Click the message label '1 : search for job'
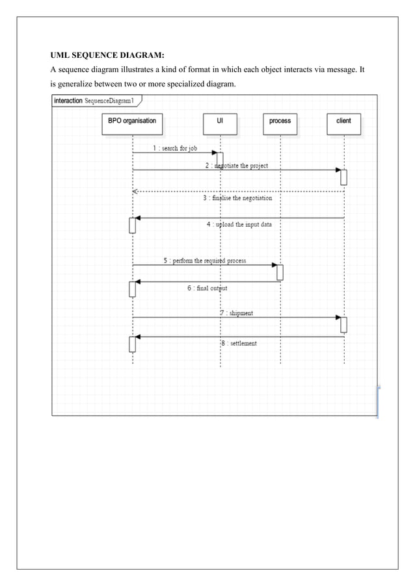coord(175,148)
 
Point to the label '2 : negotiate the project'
coord(236,166)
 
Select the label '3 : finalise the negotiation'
coord(237,198)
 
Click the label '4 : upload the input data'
coord(239,224)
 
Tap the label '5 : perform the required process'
coord(204,261)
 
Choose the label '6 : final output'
coord(207,288)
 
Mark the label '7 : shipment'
coord(236,313)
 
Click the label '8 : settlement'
coord(239,343)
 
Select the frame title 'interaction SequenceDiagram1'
coord(94,101)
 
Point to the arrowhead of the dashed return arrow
coord(135,192)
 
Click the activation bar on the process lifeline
coord(280,272)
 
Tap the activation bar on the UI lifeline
coord(220,159)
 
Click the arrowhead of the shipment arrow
coord(338,317)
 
